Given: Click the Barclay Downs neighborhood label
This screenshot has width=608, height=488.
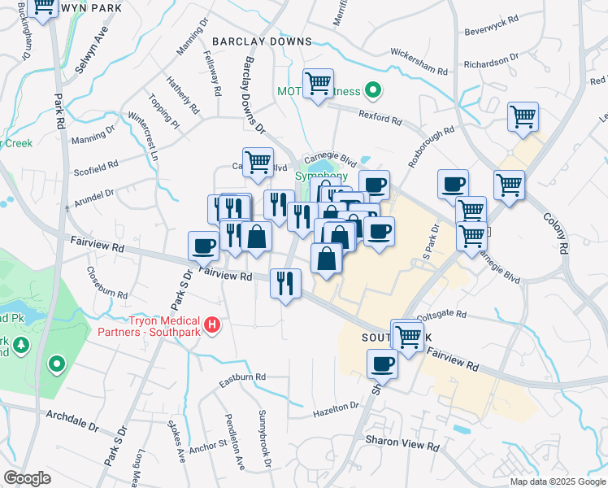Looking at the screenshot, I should (261, 41).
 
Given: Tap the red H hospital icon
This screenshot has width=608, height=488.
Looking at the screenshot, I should (212, 325).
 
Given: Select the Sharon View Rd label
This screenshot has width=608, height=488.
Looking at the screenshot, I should (402, 447).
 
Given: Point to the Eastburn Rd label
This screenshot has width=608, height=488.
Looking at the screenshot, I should (243, 378).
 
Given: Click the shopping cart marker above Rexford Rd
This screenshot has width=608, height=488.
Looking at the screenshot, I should (318, 84).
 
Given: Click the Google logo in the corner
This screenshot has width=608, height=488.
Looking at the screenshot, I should (28, 478).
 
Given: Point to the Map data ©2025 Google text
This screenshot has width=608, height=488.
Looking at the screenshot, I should (557, 481).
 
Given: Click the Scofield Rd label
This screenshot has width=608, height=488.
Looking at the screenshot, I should (95, 167).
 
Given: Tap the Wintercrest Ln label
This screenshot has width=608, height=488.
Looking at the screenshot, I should (145, 141).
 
